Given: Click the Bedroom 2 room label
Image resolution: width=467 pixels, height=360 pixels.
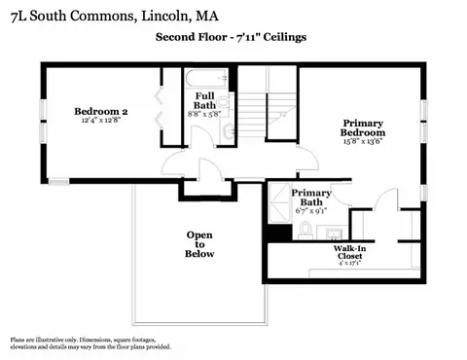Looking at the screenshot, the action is coord(101,112).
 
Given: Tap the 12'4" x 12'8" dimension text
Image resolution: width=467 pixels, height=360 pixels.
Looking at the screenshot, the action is coord(101,120).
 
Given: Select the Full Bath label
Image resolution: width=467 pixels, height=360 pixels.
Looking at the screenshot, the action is coord(204,100).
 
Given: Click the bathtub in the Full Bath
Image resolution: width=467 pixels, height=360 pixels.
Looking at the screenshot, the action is coord(206,79).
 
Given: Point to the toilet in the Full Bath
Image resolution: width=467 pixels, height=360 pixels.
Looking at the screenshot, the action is coord(223,103).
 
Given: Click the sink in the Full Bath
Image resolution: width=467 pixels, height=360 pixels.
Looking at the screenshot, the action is coord(229,131).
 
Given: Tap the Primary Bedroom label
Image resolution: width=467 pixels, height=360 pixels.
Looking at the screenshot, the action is coord(363,127).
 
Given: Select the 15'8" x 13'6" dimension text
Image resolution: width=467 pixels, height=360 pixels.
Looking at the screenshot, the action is coord(363,141).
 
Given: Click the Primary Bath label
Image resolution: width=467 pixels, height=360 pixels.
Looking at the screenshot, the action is coord(311,198).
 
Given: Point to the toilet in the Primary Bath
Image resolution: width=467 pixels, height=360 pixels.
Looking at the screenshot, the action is coord(305,230).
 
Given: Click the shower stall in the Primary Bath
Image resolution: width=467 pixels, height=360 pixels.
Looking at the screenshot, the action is coord(279,203).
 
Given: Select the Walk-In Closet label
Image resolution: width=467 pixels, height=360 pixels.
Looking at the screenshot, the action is coord(349,252).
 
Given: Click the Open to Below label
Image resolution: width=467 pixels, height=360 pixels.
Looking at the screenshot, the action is coord(199,244).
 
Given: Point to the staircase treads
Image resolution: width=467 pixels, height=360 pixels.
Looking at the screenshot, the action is coord(252,115).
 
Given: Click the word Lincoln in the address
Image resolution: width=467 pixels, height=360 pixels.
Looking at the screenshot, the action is coord(164,16).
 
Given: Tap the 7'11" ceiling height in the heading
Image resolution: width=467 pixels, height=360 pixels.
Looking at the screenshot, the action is coord(248,37).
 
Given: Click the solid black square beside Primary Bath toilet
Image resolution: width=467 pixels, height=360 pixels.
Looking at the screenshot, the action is coord(280,233).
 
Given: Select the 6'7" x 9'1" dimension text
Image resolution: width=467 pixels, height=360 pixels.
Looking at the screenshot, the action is coord(311,211).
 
